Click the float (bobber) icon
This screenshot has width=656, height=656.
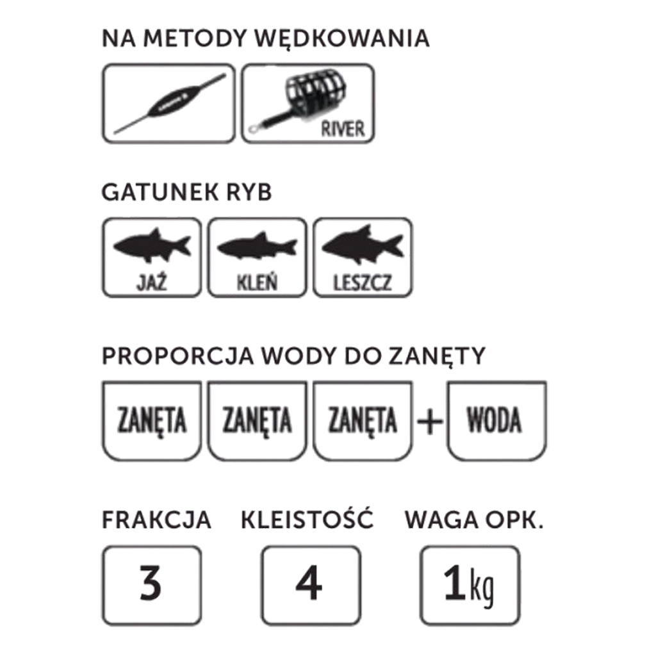[169, 104]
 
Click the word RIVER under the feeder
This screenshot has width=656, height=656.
[343, 128]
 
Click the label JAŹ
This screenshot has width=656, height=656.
[152, 283]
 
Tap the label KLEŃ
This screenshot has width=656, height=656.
[257, 283]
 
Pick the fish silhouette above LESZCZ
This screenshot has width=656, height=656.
[363, 245]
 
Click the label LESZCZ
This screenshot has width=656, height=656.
[363, 283]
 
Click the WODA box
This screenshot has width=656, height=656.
[496, 420]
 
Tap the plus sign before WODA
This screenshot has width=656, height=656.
[430, 421]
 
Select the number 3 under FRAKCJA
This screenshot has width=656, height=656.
[151, 583]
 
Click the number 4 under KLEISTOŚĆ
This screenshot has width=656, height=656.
[309, 583]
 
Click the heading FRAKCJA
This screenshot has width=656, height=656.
[156, 520]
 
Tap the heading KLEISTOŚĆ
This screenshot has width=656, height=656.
[307, 519]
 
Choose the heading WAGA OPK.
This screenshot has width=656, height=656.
[474, 520]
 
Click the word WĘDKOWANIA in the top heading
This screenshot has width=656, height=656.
[342, 39]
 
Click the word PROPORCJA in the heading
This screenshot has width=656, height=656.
[178, 356]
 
